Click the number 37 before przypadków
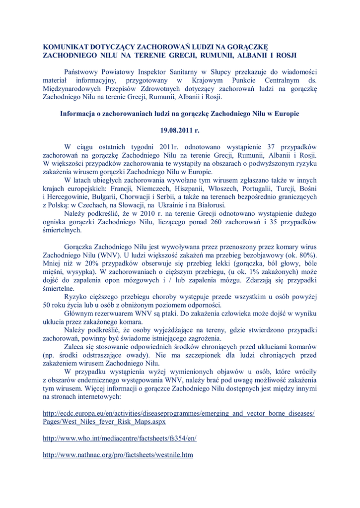[271, 147]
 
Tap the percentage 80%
[307, 255]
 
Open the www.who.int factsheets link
[120, 438]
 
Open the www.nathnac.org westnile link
[118, 454]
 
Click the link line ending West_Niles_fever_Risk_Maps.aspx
[104, 421]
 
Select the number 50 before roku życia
[48, 305]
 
